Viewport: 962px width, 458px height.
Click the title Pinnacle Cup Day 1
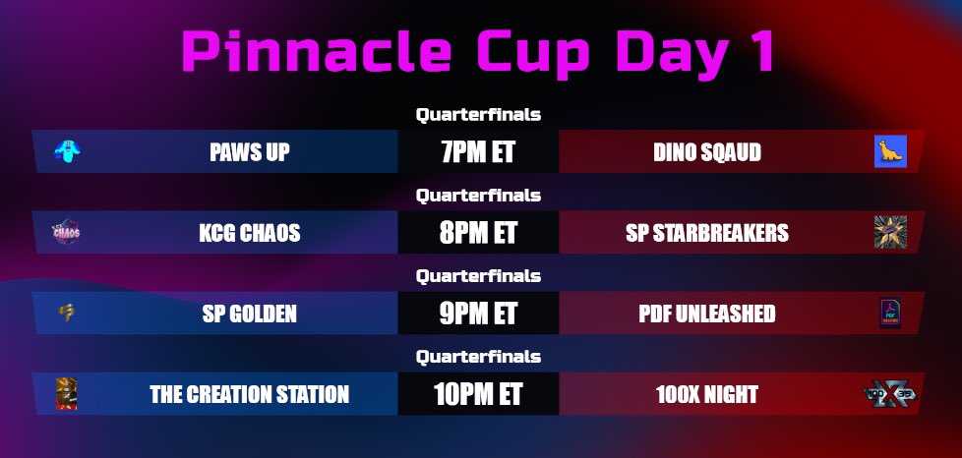coord(478,51)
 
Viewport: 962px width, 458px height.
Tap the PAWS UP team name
coord(250,152)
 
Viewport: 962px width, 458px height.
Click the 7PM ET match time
coord(478,152)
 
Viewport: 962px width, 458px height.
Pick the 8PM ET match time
coord(478,233)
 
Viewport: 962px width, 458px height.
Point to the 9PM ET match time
coord(478,314)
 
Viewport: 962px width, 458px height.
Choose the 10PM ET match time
coord(478,394)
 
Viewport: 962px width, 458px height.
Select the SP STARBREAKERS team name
coord(707,233)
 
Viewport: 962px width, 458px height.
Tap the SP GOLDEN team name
coord(250,314)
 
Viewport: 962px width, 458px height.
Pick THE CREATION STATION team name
coord(249,394)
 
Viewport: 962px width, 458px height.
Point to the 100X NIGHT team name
coord(706,394)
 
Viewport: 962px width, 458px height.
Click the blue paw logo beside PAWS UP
coord(67,151)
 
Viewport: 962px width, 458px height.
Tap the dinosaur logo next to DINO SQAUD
coord(890,151)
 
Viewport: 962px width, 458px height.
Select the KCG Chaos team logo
coord(66,233)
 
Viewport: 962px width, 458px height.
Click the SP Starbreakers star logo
coord(890,232)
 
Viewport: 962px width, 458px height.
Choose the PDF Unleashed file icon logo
coord(890,314)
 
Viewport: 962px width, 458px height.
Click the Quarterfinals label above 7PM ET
coord(478,114)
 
